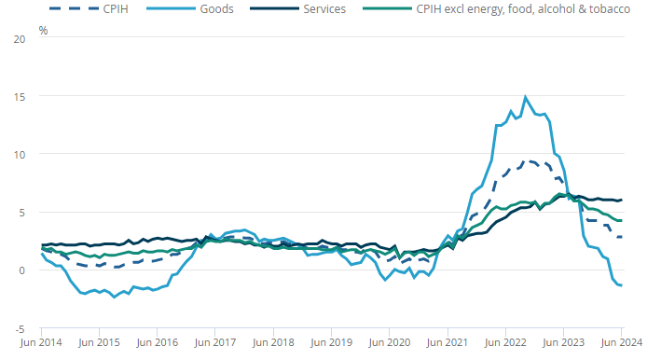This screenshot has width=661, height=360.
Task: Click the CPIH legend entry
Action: point(89,8)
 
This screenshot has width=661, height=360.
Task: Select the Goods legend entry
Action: point(190,8)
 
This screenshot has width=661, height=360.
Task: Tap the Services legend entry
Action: point(298,8)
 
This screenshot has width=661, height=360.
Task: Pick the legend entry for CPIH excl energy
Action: point(497,8)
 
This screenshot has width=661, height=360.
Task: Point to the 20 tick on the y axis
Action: point(20,39)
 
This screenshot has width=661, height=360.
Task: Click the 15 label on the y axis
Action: point(20,97)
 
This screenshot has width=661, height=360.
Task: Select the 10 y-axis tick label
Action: point(20,155)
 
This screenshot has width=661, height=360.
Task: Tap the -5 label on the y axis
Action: point(20,329)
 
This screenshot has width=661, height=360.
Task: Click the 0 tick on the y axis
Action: point(22,270)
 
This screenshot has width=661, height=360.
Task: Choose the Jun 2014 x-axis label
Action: point(41,342)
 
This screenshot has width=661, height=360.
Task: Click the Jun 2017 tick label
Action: point(215,342)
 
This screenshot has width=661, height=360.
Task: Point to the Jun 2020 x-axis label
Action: point(389,342)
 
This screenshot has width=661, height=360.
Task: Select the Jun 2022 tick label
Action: point(505,342)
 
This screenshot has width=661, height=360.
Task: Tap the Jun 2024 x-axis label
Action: point(621,342)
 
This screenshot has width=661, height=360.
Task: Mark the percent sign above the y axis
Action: point(43,31)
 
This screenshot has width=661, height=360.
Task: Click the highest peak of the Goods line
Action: point(525,97)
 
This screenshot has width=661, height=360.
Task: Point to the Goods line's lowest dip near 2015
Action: point(114,298)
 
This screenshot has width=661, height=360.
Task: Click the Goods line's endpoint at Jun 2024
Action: point(621,285)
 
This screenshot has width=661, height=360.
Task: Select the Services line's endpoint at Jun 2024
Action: point(621,200)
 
